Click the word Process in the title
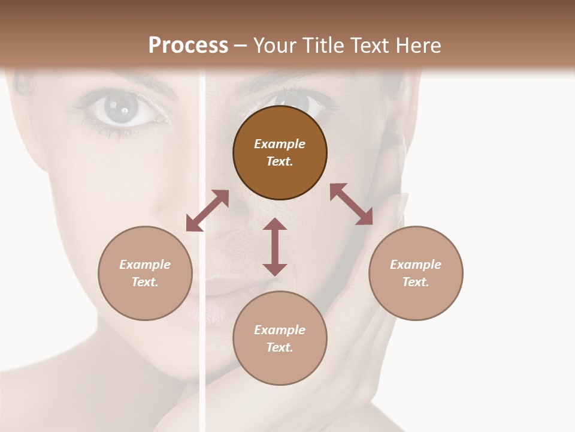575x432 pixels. [x=188, y=46]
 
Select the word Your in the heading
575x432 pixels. [x=274, y=46]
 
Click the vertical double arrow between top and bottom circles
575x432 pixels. [x=275, y=247]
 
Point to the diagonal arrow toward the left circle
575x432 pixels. [x=207, y=211]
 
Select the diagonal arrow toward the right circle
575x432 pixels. [x=352, y=204]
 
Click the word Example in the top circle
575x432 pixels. [x=280, y=144]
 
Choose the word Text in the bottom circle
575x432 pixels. [x=280, y=347]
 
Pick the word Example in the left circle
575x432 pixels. [x=145, y=265]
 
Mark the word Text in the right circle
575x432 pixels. [x=416, y=282]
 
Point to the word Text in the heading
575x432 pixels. [x=368, y=46]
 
